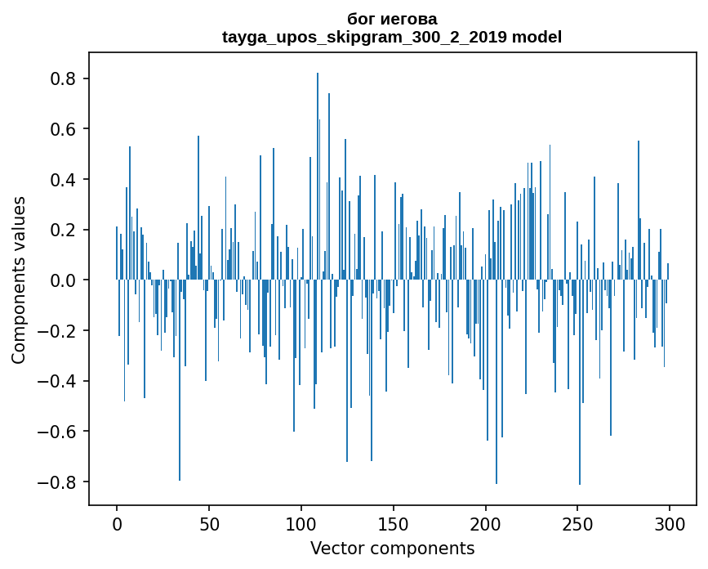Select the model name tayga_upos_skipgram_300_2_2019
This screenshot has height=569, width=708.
point(365,37)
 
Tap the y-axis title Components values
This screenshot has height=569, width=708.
point(19,280)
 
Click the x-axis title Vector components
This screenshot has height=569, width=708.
point(392,548)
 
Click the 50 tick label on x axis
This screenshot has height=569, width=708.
point(209,523)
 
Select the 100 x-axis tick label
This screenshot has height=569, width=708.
point(301,523)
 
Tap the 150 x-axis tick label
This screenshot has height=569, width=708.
point(394,523)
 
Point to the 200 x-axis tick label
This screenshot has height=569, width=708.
point(486,523)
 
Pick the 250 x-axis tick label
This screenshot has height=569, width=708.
point(578,523)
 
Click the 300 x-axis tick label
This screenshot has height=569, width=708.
point(670,523)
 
